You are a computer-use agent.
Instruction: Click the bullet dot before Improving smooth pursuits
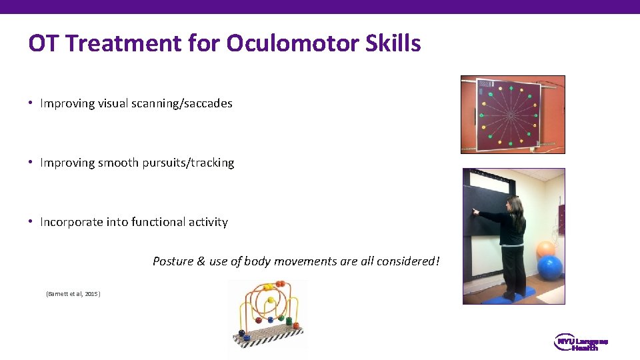tap(31, 163)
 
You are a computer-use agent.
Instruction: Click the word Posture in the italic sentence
tap(173, 261)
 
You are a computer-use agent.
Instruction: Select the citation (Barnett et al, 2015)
tap(73, 293)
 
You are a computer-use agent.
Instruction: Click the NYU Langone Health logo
tap(581, 343)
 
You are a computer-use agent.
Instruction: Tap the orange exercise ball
tap(545, 249)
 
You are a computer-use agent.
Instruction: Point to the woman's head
tap(515, 205)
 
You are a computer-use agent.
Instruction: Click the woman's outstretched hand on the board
tap(475, 212)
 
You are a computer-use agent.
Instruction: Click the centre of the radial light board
tap(511, 114)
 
